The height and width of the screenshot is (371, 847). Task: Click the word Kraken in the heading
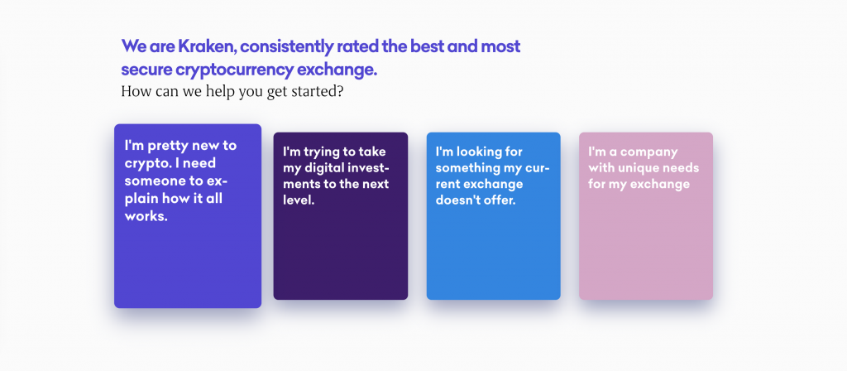(208, 46)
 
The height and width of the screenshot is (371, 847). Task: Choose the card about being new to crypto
(188, 216)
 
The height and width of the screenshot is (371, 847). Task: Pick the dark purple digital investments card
(340, 216)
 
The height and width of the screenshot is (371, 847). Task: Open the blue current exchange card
(493, 216)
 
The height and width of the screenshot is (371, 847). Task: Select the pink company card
(646, 216)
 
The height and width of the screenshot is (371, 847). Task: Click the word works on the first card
(146, 216)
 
